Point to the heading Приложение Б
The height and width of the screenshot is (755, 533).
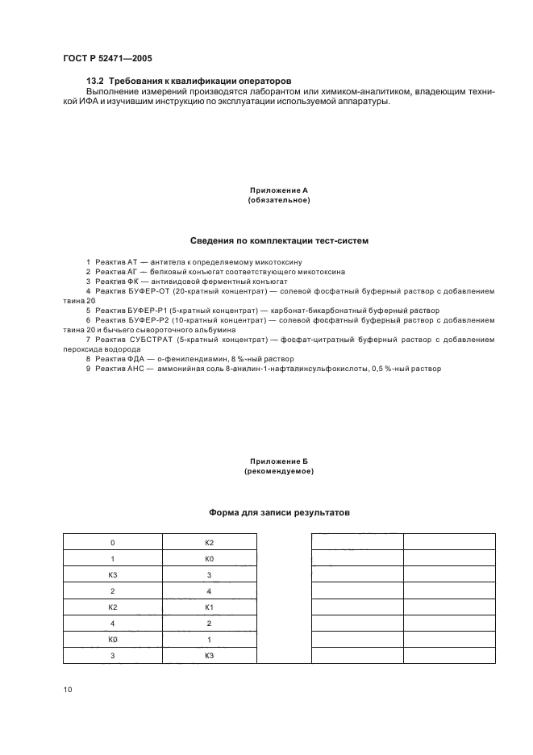pos(278,461)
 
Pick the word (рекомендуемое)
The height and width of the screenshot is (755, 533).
pos(278,471)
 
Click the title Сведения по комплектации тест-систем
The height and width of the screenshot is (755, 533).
pos(279,240)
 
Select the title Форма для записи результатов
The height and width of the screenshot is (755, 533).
pos(279,512)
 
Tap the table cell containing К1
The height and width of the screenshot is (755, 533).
pos(209,607)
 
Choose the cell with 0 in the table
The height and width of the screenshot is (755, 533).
pos(112,543)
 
